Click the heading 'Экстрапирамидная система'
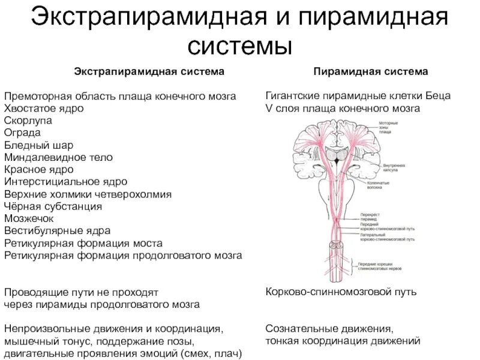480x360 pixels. click(149, 71)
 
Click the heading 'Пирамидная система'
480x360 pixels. click(370, 71)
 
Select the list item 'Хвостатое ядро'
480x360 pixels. click(44, 108)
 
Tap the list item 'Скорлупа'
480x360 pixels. click(29, 120)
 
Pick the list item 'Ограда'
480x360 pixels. click(24, 132)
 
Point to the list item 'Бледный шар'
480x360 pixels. click(34, 145)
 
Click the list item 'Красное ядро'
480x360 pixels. click(41, 169)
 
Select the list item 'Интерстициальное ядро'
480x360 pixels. click(65, 181)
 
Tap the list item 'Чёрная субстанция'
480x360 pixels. click(53, 206)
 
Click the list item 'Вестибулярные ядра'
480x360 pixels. click(57, 230)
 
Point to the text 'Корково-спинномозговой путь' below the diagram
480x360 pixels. click(341, 292)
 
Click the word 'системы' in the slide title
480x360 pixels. click(239, 45)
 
